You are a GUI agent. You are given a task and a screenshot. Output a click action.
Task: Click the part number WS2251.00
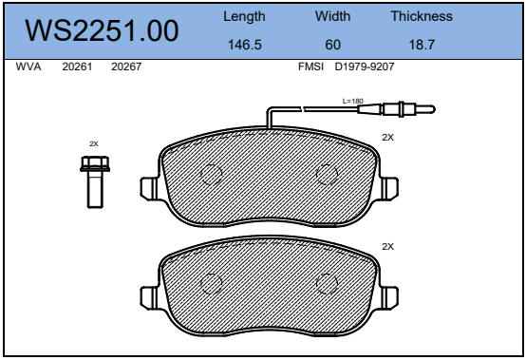(102, 30)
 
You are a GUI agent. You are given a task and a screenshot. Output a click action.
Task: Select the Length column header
(244, 16)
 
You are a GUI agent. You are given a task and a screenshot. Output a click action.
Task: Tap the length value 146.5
(245, 45)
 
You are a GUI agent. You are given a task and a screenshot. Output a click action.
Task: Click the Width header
(332, 16)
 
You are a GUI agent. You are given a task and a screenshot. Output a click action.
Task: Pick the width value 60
(332, 45)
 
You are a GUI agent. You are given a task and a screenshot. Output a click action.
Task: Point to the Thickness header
(422, 16)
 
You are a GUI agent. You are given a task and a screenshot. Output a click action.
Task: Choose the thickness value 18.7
(422, 45)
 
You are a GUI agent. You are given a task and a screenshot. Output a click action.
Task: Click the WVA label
(28, 66)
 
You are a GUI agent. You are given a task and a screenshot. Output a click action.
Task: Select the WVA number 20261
(77, 66)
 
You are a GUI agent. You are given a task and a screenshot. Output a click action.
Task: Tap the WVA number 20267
(126, 66)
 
